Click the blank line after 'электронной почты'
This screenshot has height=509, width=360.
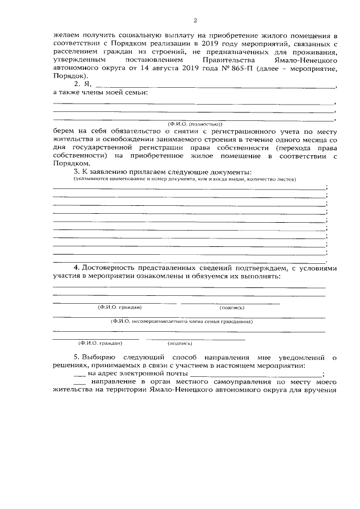coord(256,374)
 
